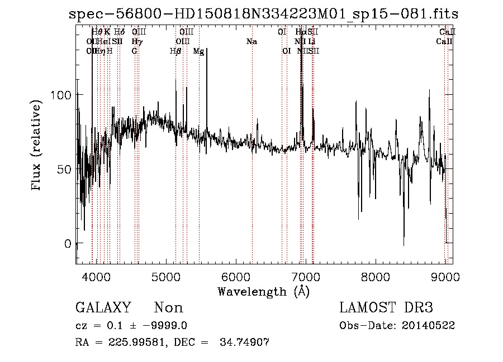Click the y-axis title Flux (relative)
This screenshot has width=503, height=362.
[x=37, y=146]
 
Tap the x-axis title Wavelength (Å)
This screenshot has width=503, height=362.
[x=263, y=291]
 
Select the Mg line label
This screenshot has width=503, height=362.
[x=198, y=51]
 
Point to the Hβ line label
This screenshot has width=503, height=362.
[x=175, y=51]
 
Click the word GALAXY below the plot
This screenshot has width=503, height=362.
[x=103, y=308]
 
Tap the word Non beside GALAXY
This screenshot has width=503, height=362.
[x=168, y=308]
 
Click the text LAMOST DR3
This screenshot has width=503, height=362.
[x=386, y=308]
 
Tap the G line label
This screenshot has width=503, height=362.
[x=134, y=51]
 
